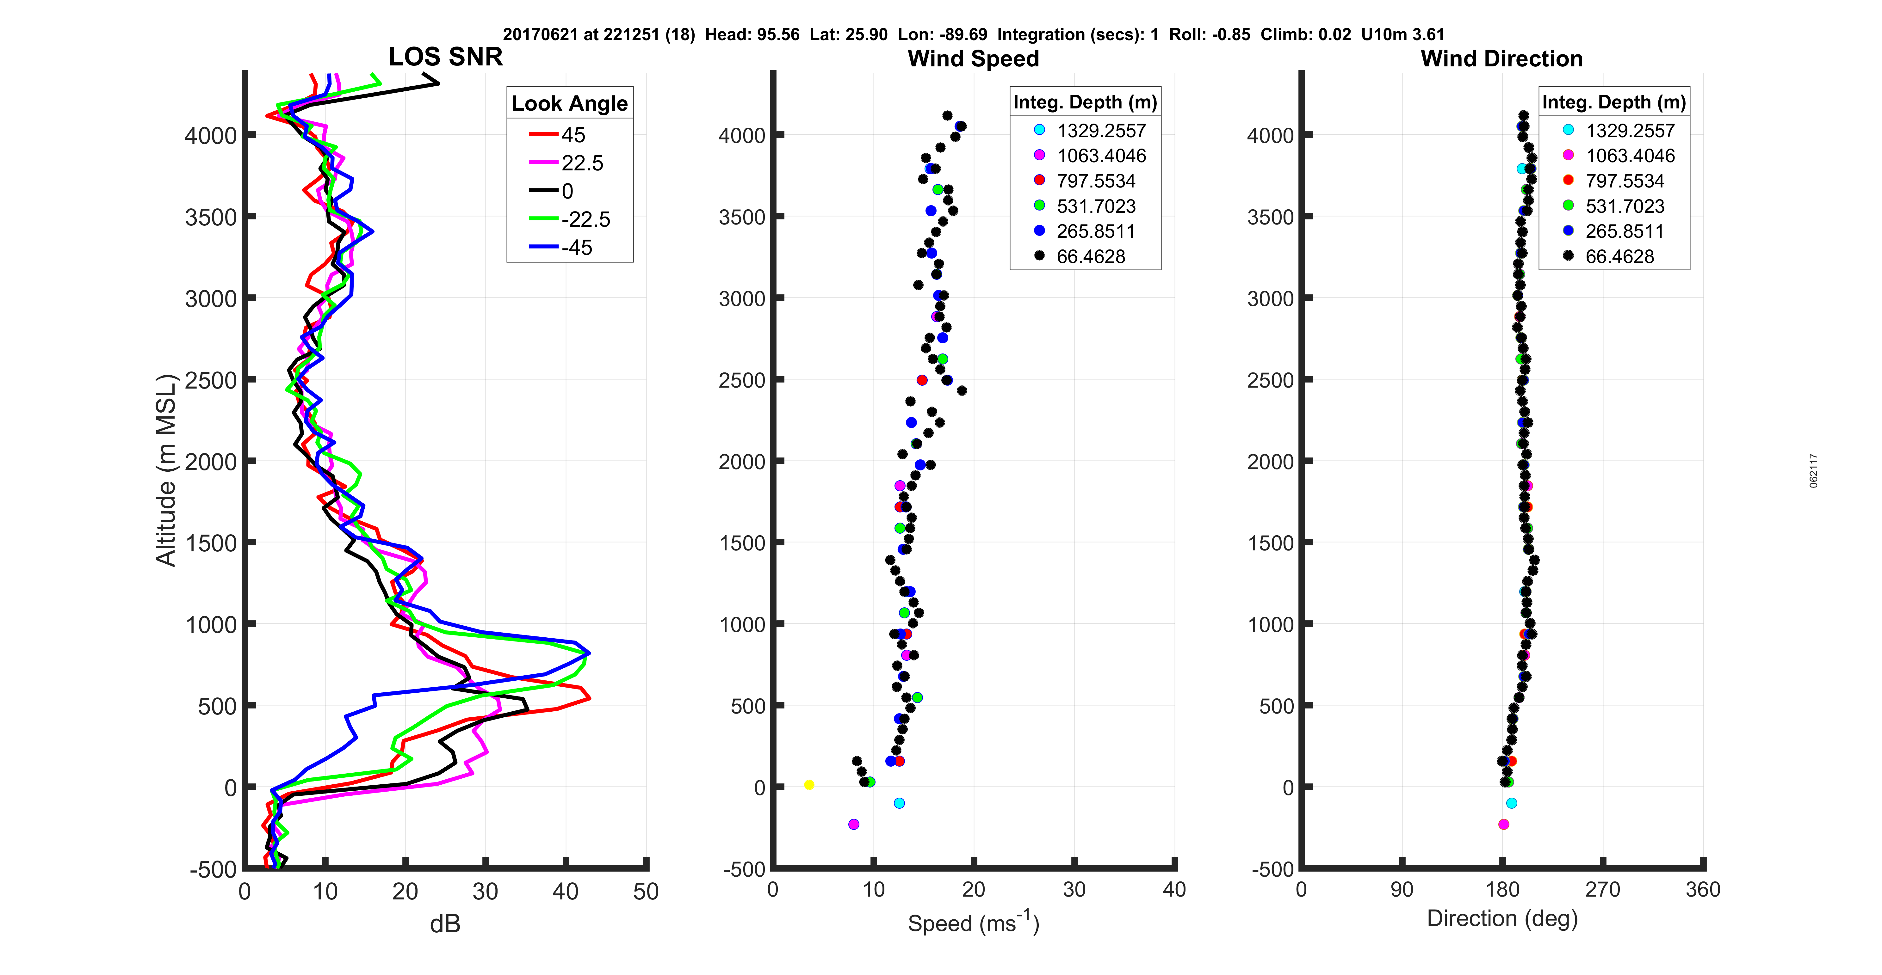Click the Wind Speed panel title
[973, 58]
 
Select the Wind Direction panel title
[1501, 58]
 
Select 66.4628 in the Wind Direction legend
[1619, 256]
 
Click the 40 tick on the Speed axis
[1174, 890]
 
